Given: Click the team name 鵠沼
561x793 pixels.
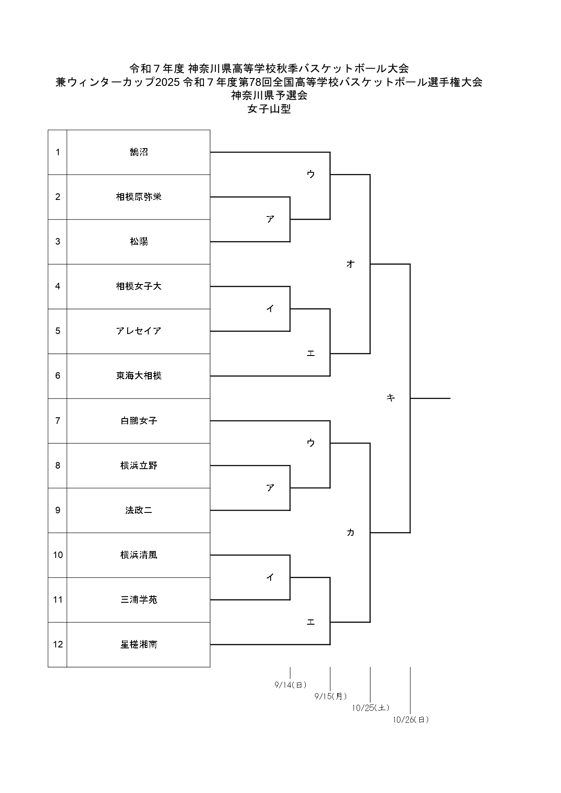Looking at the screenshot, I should point(139,152).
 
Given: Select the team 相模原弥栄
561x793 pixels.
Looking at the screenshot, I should point(139,197).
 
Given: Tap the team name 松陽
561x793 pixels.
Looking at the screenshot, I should point(139,242).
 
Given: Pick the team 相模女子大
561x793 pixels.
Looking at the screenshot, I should point(139,286).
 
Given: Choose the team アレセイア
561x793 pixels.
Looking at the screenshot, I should point(139,331).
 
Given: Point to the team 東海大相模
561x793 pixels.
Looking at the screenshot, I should point(139,376).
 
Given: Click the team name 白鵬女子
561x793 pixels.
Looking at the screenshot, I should point(139,421).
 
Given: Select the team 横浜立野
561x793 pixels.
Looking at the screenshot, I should point(139,466).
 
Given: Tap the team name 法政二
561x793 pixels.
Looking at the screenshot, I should point(139,510).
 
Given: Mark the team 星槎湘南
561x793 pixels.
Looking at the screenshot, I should point(139,644).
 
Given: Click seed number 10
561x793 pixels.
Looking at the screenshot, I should point(58,555).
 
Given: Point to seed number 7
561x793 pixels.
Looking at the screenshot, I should point(58,421).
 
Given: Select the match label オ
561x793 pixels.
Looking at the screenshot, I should point(350,264).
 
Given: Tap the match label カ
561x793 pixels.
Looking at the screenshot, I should point(350,533).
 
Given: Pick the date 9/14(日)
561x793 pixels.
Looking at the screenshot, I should point(290,685).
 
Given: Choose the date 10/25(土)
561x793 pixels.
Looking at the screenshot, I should point(371,708).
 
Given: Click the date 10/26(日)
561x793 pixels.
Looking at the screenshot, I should point(411,719).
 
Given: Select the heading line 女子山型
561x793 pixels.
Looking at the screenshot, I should point(269,110).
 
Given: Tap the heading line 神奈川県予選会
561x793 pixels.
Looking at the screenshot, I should point(269,96).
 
